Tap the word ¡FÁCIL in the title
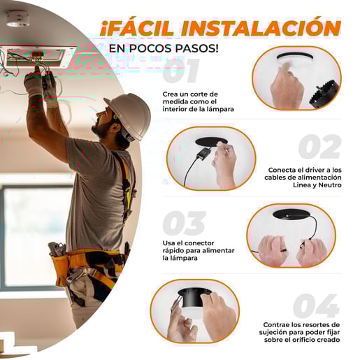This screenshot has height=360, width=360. (x=137, y=27)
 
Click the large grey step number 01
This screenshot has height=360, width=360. (x=180, y=71)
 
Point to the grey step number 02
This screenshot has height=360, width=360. (x=320, y=147)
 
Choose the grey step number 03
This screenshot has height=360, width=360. (x=184, y=223)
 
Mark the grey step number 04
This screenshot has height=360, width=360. (x=316, y=305)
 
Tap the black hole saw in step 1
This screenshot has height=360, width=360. (x=324, y=94)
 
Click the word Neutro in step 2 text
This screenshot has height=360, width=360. (x=330, y=185)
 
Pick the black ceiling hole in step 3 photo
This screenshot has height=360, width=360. (x=291, y=214)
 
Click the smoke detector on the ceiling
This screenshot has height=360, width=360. (x=17, y=19)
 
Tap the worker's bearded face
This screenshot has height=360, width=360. (x=104, y=122)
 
